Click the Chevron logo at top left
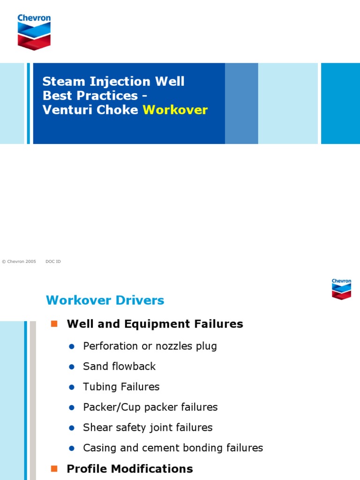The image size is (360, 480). (x=34, y=32)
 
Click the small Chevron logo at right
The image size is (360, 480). (x=341, y=289)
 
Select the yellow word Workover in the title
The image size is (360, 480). (x=175, y=110)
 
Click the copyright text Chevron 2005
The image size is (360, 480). (x=19, y=262)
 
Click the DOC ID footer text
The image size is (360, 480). (x=53, y=262)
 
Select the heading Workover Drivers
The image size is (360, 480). (x=105, y=300)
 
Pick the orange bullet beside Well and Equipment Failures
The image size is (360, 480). (x=54, y=323)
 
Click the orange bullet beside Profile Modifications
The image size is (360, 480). (x=54, y=468)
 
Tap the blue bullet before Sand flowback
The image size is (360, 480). (x=72, y=367)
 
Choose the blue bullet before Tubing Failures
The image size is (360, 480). (x=72, y=387)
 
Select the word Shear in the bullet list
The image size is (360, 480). (x=95, y=427)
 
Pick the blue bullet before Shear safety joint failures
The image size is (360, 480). (x=72, y=428)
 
